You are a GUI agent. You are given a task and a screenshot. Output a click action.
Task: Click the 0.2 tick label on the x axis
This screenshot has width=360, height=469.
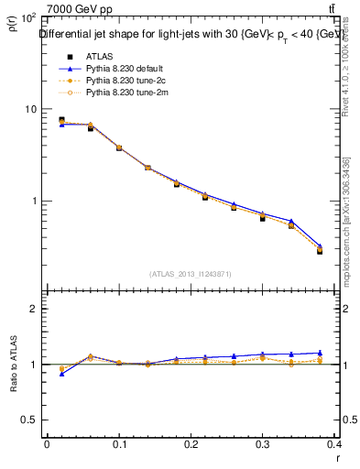pos(191,444)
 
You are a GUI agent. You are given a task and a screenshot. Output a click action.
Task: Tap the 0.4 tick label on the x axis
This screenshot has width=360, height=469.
pos(333,444)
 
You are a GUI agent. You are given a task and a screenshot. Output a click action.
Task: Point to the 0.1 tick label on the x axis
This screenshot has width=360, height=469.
pos(118,444)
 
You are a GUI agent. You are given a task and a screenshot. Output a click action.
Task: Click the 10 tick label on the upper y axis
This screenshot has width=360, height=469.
pos(29,109)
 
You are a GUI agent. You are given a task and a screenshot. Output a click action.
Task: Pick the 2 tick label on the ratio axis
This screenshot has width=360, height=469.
pos(33,309)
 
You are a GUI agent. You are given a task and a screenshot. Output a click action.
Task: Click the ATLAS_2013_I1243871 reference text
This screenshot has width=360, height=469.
pos(191,273)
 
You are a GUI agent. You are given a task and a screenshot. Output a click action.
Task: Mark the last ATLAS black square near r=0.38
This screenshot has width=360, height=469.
pos(320,250)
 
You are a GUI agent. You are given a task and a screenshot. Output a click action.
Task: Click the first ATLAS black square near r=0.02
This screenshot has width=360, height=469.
pos(61,119)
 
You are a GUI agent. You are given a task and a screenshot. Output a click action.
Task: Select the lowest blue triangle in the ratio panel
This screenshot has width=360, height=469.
pos(61,374)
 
